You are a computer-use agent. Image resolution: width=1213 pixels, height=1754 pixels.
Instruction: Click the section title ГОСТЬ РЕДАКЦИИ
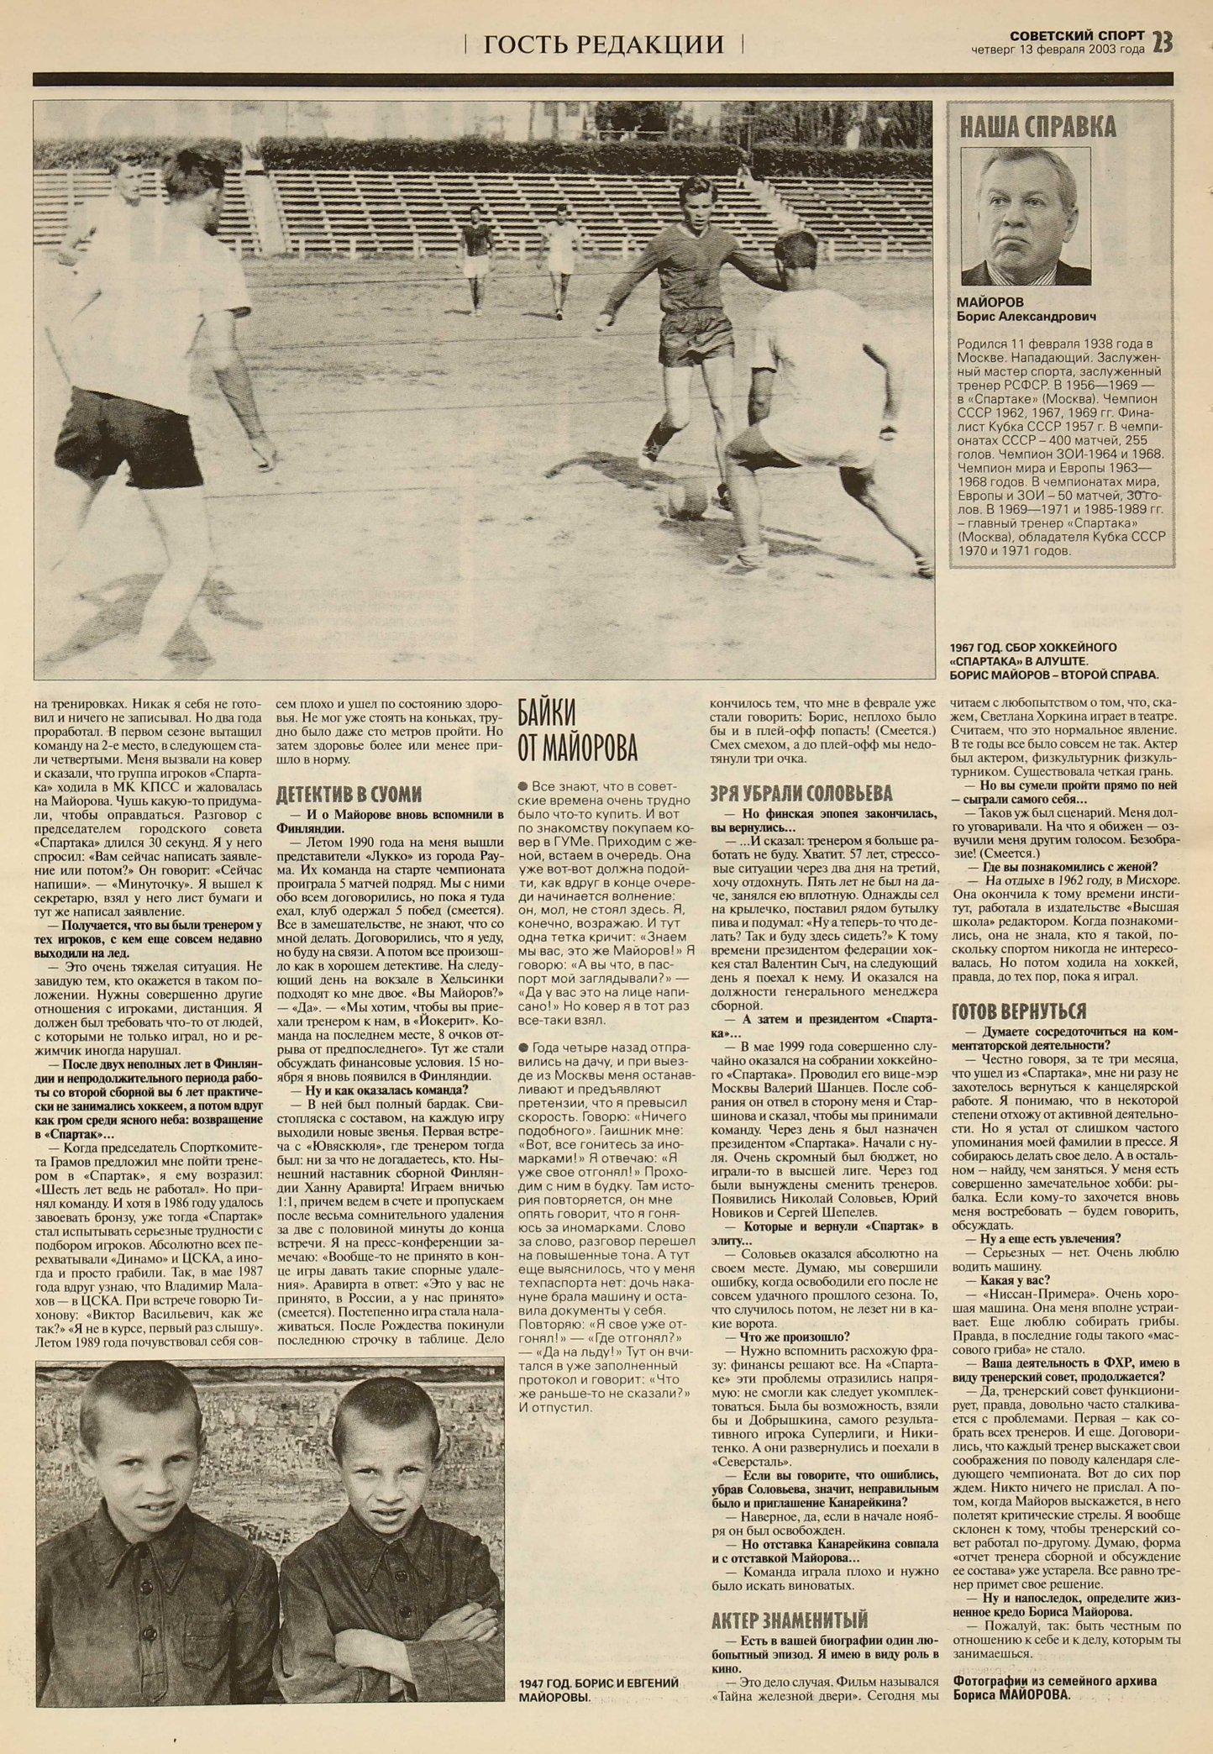(603, 44)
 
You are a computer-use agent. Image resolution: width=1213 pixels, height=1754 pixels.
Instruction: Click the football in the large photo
(687, 502)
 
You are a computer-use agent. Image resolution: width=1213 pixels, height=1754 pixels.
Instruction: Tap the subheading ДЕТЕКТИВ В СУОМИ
(349, 794)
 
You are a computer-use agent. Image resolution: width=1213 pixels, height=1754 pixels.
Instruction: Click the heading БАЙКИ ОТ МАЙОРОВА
(576, 728)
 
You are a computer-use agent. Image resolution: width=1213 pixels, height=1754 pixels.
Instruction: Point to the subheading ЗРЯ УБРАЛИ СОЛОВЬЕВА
(801, 793)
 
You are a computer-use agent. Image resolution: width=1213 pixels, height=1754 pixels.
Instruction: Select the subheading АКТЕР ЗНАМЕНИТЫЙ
(789, 1619)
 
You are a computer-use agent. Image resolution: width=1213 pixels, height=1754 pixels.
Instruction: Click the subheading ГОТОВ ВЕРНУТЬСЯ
(1019, 1010)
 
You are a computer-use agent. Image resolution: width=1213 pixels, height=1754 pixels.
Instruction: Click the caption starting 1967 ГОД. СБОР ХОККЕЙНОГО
(1053, 660)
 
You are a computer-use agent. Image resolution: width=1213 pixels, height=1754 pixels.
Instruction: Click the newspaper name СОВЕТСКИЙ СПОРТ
(1077, 35)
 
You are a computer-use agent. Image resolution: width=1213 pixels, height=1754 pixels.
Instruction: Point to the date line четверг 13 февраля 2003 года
(1058, 49)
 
